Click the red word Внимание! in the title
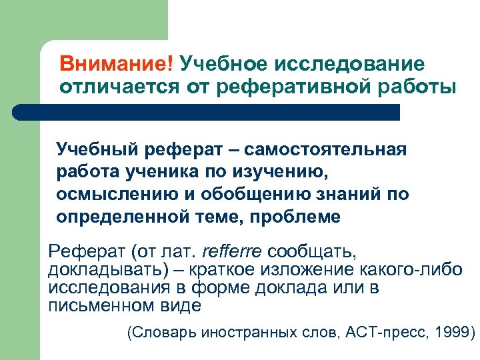pyautogui.click(x=116, y=65)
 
